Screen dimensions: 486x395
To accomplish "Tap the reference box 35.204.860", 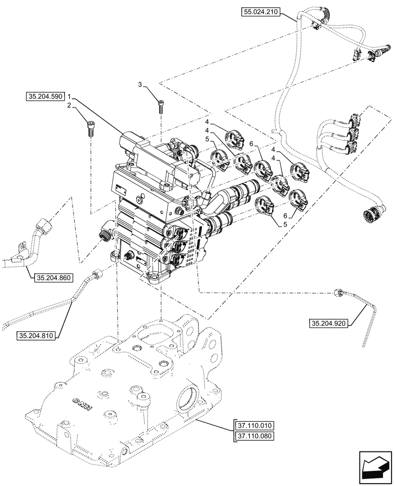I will click(x=53, y=278).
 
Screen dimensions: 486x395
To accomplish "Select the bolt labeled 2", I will click(x=90, y=128).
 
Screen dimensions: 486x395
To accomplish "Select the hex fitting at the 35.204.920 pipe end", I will click(x=339, y=292).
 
